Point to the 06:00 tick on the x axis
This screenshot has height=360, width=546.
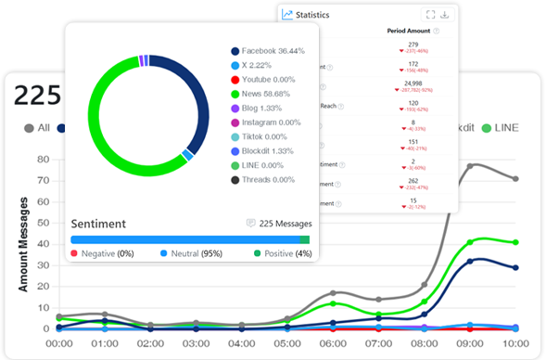pyautogui.click(x=333, y=342)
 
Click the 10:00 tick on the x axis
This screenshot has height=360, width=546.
pyautogui.click(x=516, y=342)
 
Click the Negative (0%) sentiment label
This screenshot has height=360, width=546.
pyautogui.click(x=102, y=253)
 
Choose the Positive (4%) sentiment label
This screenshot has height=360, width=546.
pyautogui.click(x=281, y=253)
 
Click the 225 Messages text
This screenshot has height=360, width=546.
pyautogui.click(x=278, y=224)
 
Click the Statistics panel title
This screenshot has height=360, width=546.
pyautogui.click(x=312, y=15)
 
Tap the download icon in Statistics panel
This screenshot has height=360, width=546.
pyautogui.click(x=445, y=15)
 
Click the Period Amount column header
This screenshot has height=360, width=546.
pyautogui.click(x=408, y=31)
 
